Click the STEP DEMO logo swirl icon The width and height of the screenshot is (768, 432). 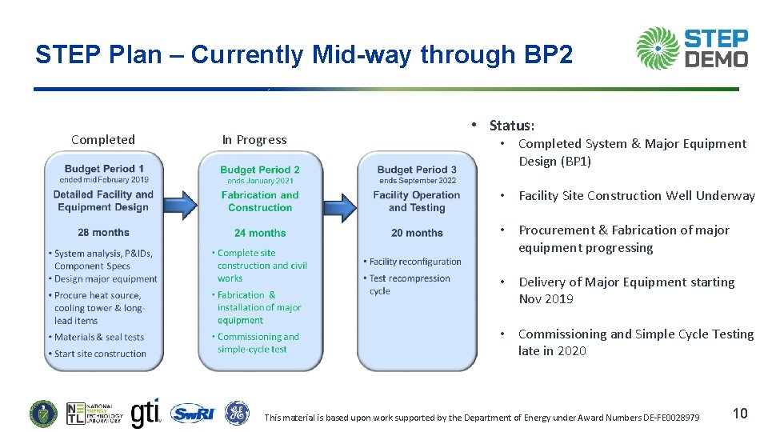[x=657, y=48]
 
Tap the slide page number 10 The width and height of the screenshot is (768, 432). [x=740, y=413]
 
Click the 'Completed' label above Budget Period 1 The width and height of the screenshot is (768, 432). [x=103, y=139]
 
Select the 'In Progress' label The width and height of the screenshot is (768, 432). [x=254, y=139]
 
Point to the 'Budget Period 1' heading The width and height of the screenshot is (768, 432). [x=104, y=169]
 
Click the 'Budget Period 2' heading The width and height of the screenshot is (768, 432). [x=260, y=170]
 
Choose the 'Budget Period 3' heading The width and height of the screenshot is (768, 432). [x=417, y=170]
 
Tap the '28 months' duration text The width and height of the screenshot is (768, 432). [x=103, y=233]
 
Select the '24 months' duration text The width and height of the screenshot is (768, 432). [x=260, y=233]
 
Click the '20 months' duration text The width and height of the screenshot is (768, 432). [x=417, y=233]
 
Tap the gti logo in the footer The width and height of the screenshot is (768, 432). [x=145, y=413]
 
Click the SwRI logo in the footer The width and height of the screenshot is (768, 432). [x=193, y=414]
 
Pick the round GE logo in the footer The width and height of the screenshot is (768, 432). [x=237, y=413]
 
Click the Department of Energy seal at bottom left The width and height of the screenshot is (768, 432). [x=43, y=414]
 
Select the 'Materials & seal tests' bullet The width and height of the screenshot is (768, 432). [x=99, y=337]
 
